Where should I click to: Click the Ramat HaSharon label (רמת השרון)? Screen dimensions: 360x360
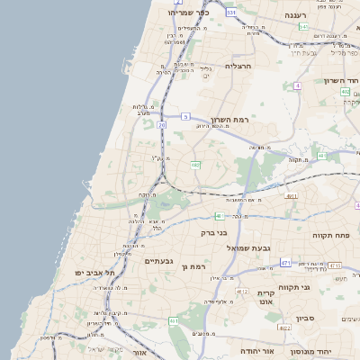229,119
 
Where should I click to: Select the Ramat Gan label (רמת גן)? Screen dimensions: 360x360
194,266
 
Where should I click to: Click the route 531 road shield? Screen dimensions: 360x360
231,13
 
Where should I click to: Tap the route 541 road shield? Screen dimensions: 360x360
304,27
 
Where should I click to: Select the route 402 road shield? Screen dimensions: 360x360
345,92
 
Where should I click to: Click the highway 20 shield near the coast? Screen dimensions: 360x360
162,125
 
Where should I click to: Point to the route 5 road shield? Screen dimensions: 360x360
185,116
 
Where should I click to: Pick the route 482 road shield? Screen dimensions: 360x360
194,165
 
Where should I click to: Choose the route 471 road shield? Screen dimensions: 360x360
285,263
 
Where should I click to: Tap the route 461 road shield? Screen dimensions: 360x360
220,216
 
